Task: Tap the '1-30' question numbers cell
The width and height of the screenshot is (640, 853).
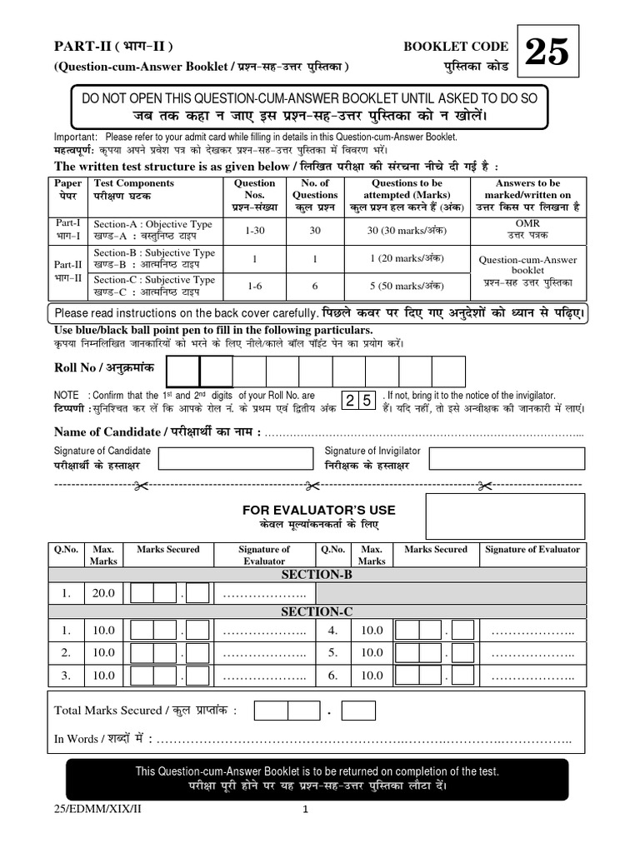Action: (x=255, y=230)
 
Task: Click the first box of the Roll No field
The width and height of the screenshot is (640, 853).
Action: (x=183, y=372)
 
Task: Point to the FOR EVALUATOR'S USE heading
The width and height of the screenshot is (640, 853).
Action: (x=318, y=510)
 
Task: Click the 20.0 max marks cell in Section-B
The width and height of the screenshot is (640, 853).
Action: (x=104, y=593)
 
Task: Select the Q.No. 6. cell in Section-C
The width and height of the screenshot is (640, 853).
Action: (x=332, y=676)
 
